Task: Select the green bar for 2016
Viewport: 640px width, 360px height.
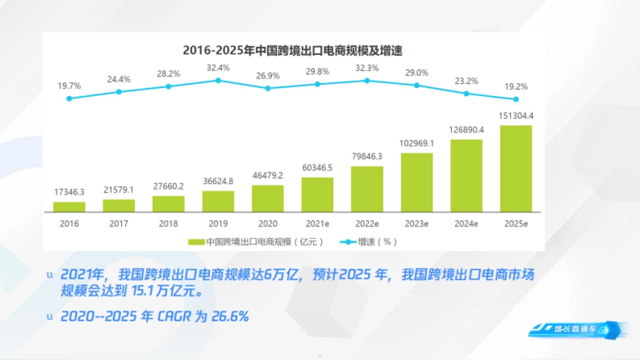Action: pyautogui.click(x=69, y=207)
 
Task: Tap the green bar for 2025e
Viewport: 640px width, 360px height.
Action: pyautogui.click(x=516, y=169)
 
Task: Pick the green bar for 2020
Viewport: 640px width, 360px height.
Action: pyautogui.click(x=268, y=198)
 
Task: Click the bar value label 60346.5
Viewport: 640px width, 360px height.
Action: pyautogui.click(x=317, y=168)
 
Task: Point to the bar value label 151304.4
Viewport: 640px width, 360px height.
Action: pyautogui.click(x=516, y=116)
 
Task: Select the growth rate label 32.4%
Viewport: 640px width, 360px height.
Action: pyautogui.click(x=218, y=68)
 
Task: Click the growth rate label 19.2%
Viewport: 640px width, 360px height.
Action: pyautogui.click(x=516, y=87)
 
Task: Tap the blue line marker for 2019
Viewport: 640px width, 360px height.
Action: pyautogui.click(x=218, y=81)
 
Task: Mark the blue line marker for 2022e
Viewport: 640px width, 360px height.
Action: pyautogui.click(x=367, y=81)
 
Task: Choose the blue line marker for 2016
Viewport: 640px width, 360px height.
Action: pyautogui.click(x=69, y=98)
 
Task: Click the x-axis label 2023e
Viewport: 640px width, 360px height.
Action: pyautogui.click(x=417, y=224)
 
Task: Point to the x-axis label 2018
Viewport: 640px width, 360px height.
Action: pyautogui.click(x=169, y=224)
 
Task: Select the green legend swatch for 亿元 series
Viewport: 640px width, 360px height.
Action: pyautogui.click(x=196, y=242)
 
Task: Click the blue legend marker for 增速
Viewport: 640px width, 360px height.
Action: pyautogui.click(x=348, y=242)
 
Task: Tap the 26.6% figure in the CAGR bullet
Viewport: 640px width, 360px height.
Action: pyautogui.click(x=230, y=316)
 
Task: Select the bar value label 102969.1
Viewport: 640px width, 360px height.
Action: pyautogui.click(x=417, y=143)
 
